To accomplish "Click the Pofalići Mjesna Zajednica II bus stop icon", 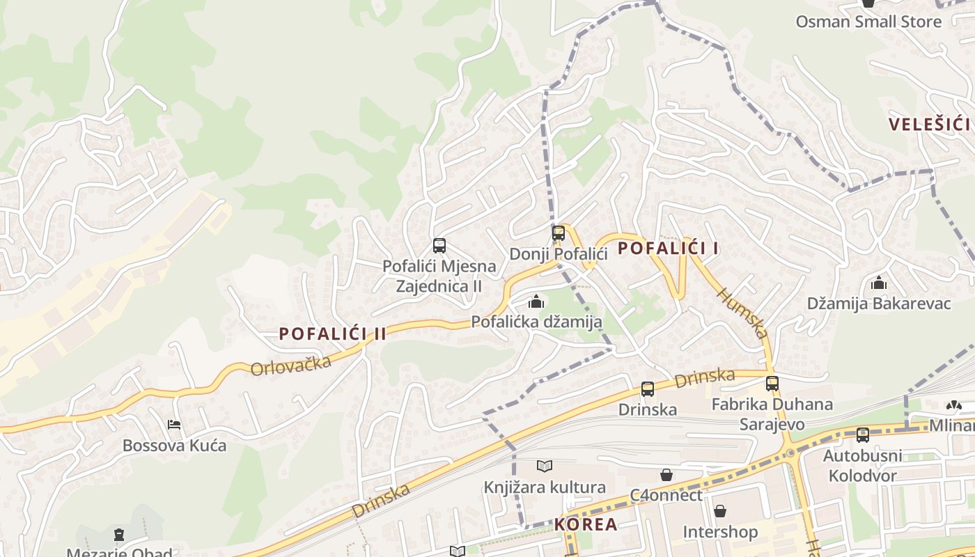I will pos(439,245).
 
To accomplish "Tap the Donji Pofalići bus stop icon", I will pos(558,233).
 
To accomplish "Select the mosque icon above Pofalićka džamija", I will pos(536,301).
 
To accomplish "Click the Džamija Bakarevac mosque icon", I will pos(879,283).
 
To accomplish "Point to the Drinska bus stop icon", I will pos(648,389).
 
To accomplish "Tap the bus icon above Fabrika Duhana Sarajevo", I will pos(772,383).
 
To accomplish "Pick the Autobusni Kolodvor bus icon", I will pos(863,435).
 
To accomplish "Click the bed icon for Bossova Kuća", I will pos(174,424).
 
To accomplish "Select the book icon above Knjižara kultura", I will pos(545,466).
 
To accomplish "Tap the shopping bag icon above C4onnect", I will pos(666,475).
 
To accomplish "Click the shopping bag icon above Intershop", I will pos(720,511).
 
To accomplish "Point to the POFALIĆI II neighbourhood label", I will pos(332,334).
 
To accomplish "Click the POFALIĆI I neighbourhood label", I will pos(668,248).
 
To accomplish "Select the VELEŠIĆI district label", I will pos(929,125).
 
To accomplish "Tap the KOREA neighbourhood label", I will pos(586,524).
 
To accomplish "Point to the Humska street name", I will pos(744,313).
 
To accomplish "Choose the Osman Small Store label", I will pos(868,22).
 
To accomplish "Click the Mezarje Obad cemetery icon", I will pos(119,535).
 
